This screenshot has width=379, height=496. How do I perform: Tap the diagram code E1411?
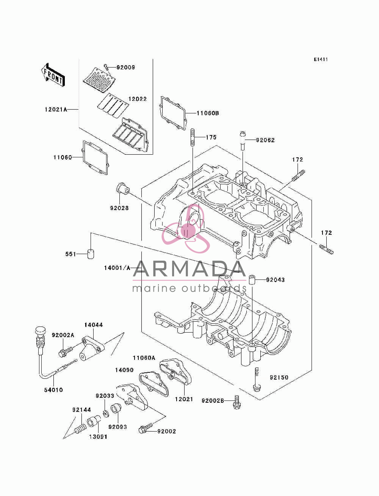(x=321, y=60)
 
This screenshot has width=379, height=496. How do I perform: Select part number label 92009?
(x=125, y=67)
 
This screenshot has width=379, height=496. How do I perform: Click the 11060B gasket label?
(x=208, y=113)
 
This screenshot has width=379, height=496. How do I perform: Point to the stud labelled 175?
(x=193, y=137)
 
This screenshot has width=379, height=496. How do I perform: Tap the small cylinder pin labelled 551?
(x=91, y=254)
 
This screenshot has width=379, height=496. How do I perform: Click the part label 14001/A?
(x=117, y=268)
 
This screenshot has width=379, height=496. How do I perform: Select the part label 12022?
(x=138, y=99)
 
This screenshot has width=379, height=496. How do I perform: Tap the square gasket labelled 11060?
(x=95, y=158)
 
